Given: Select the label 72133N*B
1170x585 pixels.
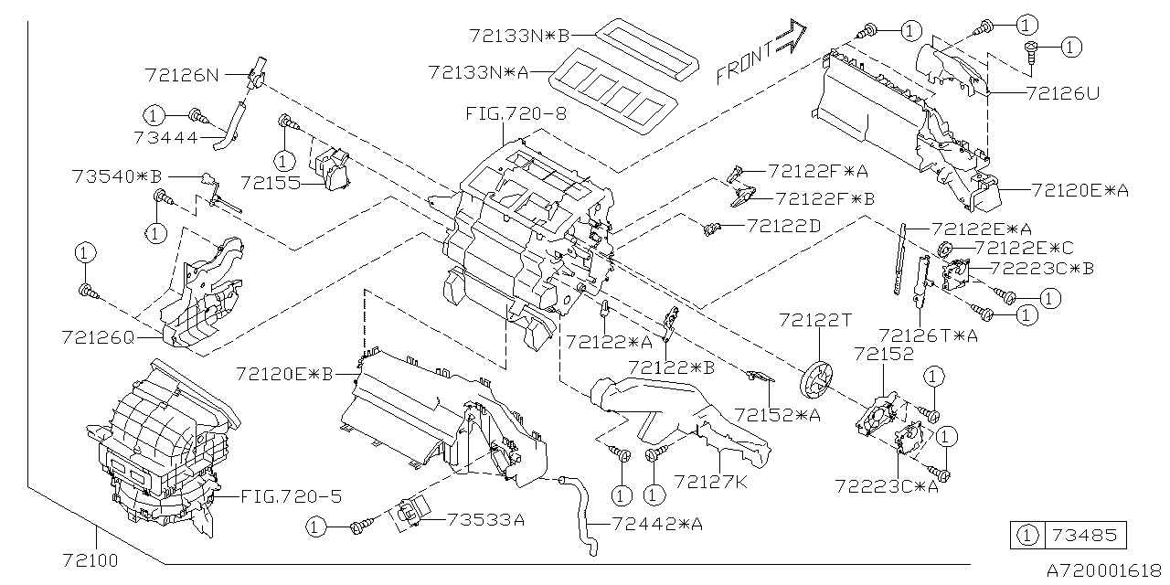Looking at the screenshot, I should click(x=518, y=37).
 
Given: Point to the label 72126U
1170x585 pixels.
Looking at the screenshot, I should click(x=1063, y=92).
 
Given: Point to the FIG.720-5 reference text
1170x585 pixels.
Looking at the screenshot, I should click(x=291, y=497).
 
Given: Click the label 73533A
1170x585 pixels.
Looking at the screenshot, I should click(x=485, y=520).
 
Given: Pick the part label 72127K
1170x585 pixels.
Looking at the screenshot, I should click(x=710, y=480).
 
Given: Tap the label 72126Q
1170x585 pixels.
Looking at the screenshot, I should click(x=98, y=337).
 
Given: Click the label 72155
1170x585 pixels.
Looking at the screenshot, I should click(x=271, y=182).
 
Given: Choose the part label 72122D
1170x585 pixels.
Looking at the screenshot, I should click(x=783, y=224).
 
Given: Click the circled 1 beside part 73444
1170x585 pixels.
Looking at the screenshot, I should click(x=154, y=115).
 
